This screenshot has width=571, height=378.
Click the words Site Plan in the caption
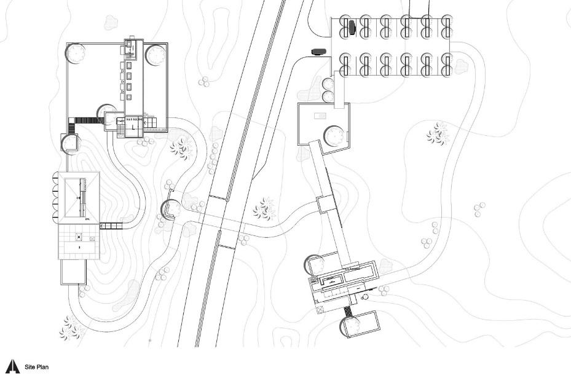36,368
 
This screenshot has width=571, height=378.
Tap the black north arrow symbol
13,367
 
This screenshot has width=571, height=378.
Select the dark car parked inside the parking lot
352,26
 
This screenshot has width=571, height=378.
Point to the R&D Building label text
134,119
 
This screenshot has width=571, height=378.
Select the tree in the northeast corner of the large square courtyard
156,55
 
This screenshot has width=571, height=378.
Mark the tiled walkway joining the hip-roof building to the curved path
111,226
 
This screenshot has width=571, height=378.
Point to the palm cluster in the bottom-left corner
71,328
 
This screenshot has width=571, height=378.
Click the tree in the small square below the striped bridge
69,143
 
